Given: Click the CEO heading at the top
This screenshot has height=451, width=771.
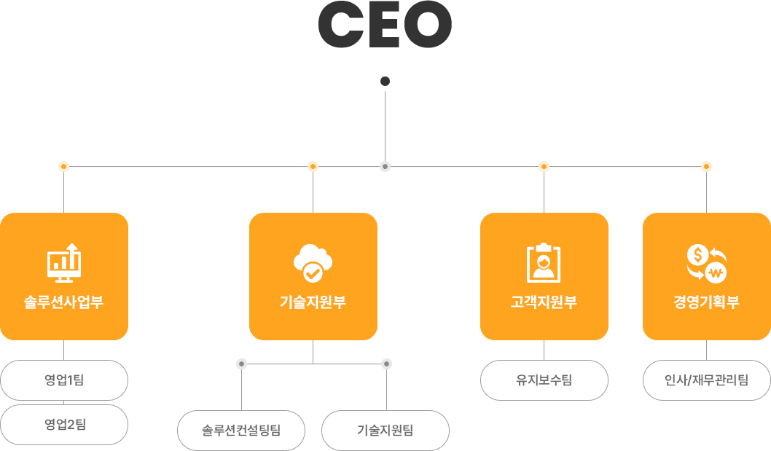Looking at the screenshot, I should (385, 24).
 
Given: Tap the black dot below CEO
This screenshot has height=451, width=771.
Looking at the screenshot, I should (385, 81).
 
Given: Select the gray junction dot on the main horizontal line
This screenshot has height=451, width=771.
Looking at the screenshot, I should (385, 167).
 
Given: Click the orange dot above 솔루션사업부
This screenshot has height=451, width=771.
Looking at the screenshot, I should (64, 167).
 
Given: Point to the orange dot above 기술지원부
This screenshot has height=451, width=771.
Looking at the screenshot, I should (313, 167).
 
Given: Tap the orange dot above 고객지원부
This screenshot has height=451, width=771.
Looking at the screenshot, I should (544, 167).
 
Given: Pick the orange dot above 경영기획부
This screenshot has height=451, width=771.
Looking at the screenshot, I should (706, 167).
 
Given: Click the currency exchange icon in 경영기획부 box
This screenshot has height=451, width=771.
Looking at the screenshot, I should (706, 263).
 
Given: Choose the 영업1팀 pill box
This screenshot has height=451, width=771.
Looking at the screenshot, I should (64, 380).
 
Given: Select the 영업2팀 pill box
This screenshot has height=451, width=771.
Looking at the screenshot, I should (64, 425).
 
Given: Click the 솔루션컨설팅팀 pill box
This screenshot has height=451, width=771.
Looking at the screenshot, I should (241, 430).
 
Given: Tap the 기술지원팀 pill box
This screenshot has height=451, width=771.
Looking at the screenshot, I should (385, 430).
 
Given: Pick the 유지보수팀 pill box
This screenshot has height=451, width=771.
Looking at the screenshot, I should (544, 380).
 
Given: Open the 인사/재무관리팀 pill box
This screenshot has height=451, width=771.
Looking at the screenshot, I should (706, 380).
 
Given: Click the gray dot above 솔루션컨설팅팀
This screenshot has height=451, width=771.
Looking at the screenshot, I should (242, 364).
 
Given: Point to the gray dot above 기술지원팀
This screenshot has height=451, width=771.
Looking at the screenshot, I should (386, 364).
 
